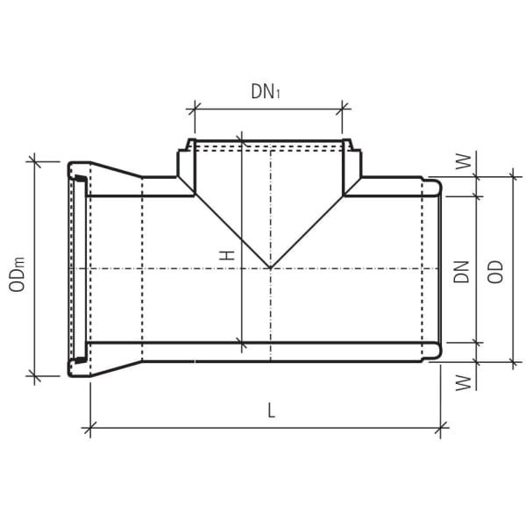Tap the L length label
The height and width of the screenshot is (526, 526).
[272, 410]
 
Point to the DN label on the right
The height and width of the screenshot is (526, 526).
[461, 271]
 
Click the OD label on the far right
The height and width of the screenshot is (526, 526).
[496, 271]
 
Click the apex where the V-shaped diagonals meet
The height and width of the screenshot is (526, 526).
[270, 267]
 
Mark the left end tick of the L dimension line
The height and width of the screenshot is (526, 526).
[89, 429]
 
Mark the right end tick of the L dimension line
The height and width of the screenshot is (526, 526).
[442, 429]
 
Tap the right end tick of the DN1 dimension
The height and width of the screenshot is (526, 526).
[343, 109]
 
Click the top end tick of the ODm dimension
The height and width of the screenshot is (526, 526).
[35, 160]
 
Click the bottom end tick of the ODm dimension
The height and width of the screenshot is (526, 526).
[35, 376]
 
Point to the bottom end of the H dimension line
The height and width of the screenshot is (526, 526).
[239, 342]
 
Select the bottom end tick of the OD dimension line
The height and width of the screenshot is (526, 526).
[510, 361]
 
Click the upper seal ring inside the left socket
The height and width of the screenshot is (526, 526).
[78, 181]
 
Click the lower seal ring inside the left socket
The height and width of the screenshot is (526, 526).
[78, 358]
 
